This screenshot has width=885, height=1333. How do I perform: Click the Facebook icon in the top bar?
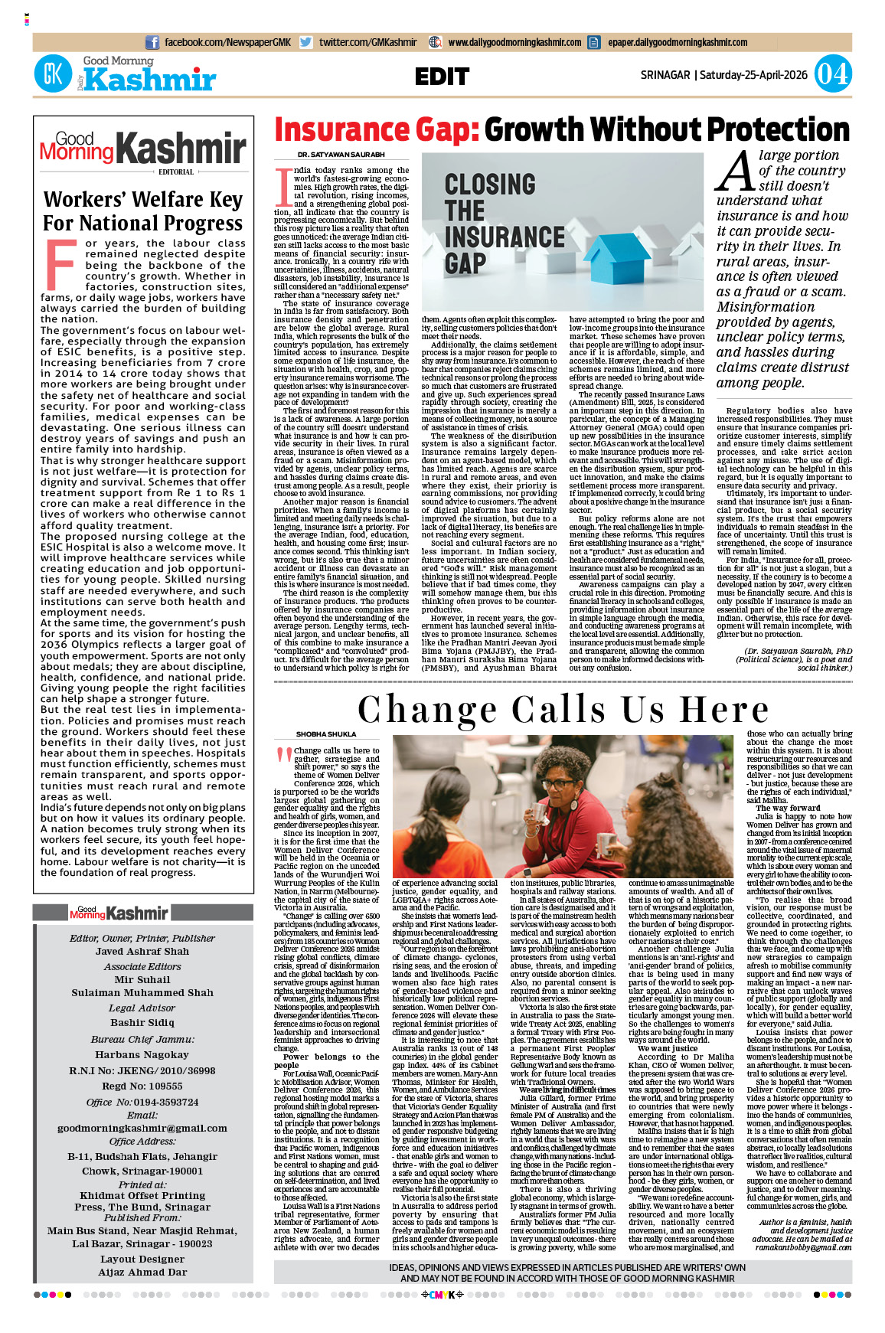pyautogui.click(x=152, y=43)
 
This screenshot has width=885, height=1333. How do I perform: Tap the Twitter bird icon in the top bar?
pyautogui.click(x=306, y=43)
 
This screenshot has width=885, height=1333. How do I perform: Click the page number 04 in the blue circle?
pyautogui.click(x=832, y=74)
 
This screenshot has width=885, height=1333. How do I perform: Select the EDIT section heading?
pyautogui.click(x=442, y=77)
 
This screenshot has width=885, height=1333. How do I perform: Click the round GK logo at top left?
pyautogui.click(x=53, y=74)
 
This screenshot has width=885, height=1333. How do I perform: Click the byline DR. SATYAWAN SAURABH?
pyautogui.click(x=330, y=155)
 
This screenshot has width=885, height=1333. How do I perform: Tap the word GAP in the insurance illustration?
pyautogui.click(x=465, y=263)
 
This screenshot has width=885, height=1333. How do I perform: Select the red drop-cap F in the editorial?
pyautogui.click(x=60, y=264)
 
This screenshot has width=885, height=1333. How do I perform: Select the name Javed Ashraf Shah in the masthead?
pyautogui.click(x=142, y=952)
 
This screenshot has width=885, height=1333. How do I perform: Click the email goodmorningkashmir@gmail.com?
pyautogui.click(x=142, y=1128)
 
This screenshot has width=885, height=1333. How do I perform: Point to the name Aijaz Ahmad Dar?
pyautogui.click(x=142, y=1272)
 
